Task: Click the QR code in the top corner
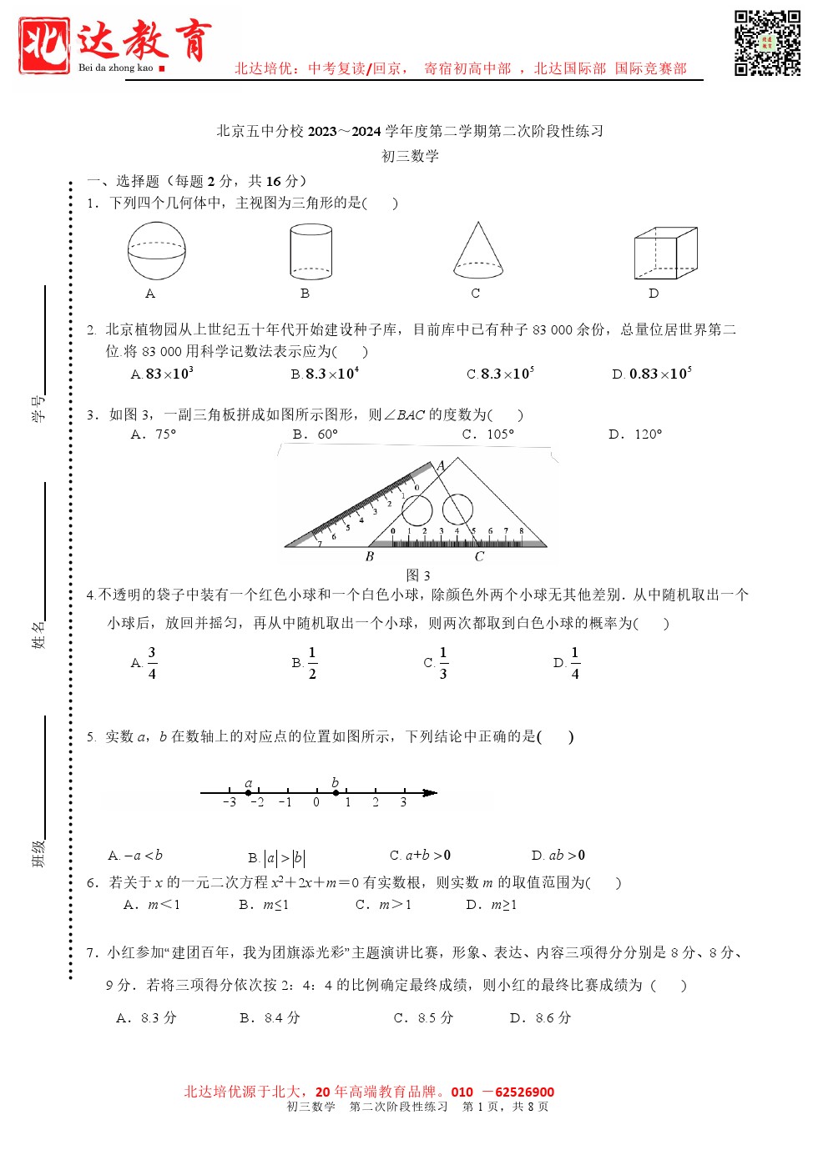[x=767, y=43]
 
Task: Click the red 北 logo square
[x=43, y=45]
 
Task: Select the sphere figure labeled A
[x=156, y=251]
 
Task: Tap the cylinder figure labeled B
[x=310, y=251]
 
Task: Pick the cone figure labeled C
[x=478, y=250]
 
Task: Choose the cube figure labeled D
[x=664, y=253]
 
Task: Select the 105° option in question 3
[x=499, y=434]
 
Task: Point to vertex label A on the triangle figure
[x=441, y=465]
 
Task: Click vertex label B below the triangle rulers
[x=370, y=557]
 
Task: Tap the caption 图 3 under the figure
[x=418, y=575]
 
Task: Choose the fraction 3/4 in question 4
[x=152, y=663]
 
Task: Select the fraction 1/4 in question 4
[x=575, y=663]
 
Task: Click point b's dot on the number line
[x=336, y=793]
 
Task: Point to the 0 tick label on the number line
[x=316, y=803]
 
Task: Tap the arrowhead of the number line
[x=430, y=792]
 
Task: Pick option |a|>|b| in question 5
[x=285, y=858]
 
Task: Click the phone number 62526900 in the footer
[x=524, y=1092]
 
